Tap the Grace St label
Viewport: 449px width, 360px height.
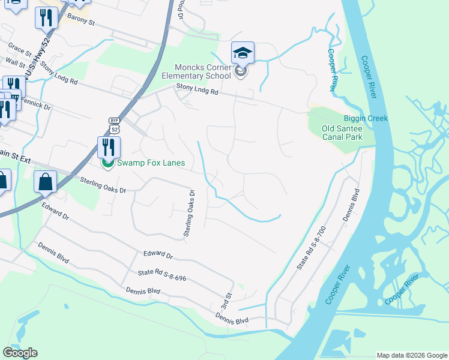(x=19, y=47)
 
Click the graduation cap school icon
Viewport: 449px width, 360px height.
(x=243, y=53)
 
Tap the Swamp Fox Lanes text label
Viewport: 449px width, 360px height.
(x=151, y=163)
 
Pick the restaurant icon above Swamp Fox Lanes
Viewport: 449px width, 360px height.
(x=109, y=148)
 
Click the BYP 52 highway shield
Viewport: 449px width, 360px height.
(x=114, y=125)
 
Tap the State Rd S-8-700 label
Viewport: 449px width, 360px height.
(x=311, y=247)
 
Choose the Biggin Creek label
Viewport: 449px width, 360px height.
(x=366, y=118)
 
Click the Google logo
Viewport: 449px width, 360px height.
(x=20, y=352)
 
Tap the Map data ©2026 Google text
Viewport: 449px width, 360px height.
(x=412, y=355)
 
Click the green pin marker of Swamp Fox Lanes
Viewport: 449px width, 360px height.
(x=108, y=163)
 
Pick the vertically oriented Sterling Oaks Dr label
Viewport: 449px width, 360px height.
(x=190, y=213)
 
